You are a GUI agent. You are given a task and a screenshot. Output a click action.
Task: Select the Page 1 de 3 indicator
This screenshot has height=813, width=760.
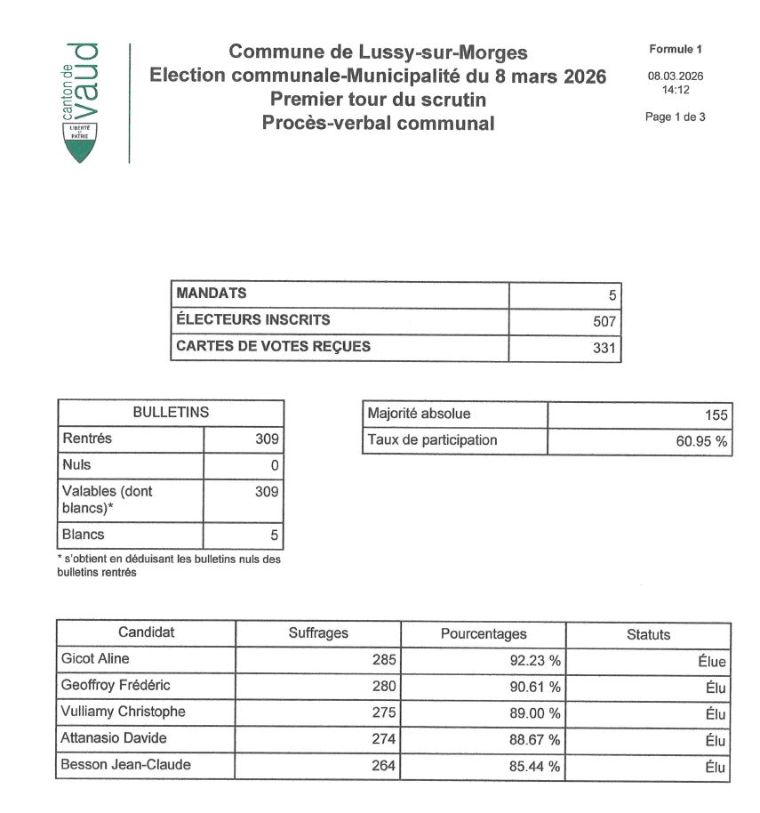coord(676,117)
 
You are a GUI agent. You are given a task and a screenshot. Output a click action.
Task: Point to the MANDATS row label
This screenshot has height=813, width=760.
coord(212,294)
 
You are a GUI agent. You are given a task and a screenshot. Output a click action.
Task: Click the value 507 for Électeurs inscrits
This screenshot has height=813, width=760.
coord(604,321)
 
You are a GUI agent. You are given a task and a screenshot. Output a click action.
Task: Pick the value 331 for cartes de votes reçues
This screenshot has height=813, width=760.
coord(604,348)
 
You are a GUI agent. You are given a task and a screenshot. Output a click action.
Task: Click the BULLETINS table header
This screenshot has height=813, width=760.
coord(171,413)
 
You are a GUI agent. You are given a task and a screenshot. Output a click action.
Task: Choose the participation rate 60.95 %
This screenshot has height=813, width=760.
coord(701,441)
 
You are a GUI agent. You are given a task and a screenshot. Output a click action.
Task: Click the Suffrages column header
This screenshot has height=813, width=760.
coord(318,633)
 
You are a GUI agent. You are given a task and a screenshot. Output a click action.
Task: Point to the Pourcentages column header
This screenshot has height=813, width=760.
coord(484,634)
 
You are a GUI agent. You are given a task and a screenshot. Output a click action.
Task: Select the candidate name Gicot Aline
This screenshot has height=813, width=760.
coord(94,660)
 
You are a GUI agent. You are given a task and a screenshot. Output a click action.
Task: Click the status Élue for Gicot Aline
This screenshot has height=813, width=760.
coord(712,662)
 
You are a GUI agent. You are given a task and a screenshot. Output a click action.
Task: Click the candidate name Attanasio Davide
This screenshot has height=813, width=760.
coord(113,738)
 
